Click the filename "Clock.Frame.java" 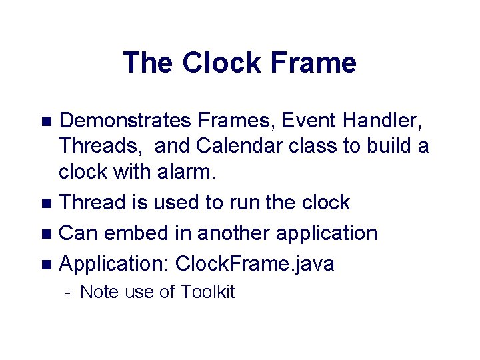[255, 265]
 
